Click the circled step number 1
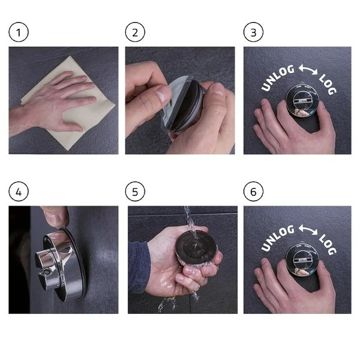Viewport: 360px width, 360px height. (x=18, y=32)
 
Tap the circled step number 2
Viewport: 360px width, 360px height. (x=135, y=32)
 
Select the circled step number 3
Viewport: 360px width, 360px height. (x=253, y=32)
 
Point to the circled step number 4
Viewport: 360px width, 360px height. (x=18, y=192)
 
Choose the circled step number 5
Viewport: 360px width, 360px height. (x=135, y=192)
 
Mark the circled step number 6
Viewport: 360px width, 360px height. (x=253, y=192)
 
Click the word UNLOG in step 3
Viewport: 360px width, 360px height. (x=277, y=77)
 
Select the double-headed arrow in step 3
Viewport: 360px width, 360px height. (x=308, y=69)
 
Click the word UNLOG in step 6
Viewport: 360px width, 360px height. (x=277, y=238)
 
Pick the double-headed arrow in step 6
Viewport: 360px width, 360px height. (x=308, y=230)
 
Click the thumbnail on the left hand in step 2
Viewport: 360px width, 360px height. (x=164, y=94)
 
